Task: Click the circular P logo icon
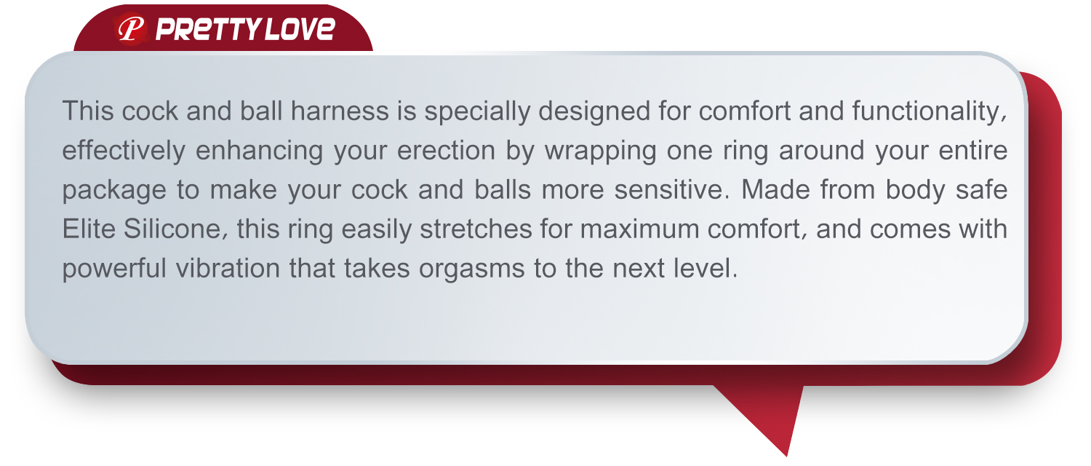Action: coord(130,28)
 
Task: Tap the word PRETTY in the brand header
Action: coord(209,29)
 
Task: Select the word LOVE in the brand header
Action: coord(300,28)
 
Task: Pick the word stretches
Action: coord(476,229)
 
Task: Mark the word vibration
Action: coord(228,268)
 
